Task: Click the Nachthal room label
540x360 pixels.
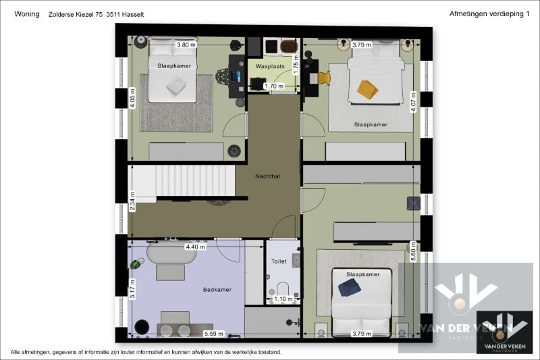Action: pos(267,176)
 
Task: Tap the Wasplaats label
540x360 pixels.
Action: pos(270,66)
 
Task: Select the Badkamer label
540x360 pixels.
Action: pos(217,289)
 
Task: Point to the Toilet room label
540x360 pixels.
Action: pos(279,261)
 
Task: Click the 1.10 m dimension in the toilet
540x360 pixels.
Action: pos(283,299)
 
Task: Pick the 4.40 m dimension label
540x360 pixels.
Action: pos(195,247)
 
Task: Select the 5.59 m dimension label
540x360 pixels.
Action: pos(214,334)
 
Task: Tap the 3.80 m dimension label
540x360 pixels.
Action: pos(186,45)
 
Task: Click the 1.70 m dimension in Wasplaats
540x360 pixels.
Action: pos(274,86)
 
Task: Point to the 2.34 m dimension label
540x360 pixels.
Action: pos(132,201)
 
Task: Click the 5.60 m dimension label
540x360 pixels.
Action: pos(414,251)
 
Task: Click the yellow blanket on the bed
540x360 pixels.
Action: pos(367,89)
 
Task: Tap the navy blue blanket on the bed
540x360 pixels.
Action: pos(349,288)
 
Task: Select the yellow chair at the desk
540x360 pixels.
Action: pos(324,78)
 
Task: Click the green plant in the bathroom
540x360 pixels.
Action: pos(136,264)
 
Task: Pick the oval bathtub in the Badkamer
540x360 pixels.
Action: pos(171,253)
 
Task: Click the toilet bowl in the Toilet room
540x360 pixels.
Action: pos(283,289)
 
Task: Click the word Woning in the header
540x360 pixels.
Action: pos(27,14)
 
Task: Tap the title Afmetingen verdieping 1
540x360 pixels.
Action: pos(489,14)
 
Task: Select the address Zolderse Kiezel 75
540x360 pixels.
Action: pos(76,14)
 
